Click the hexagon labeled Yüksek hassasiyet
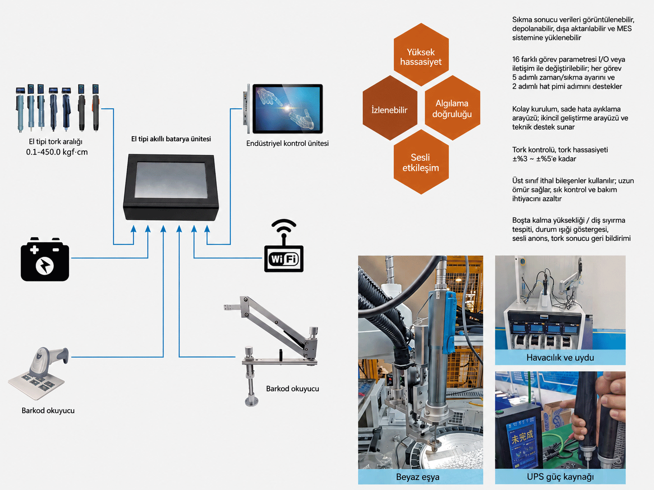421,55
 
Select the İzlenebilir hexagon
390,108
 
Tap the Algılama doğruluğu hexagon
452,108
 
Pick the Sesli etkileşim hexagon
421,162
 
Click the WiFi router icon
284,246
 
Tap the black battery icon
45,259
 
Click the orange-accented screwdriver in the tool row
95,108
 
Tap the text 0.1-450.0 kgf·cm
57,152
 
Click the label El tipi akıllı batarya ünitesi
171,139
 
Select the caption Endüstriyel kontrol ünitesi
287,143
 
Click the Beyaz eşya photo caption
418,477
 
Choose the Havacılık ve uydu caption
560,357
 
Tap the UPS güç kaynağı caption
560,476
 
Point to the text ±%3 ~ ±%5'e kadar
544,159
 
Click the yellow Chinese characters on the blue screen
522,437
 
